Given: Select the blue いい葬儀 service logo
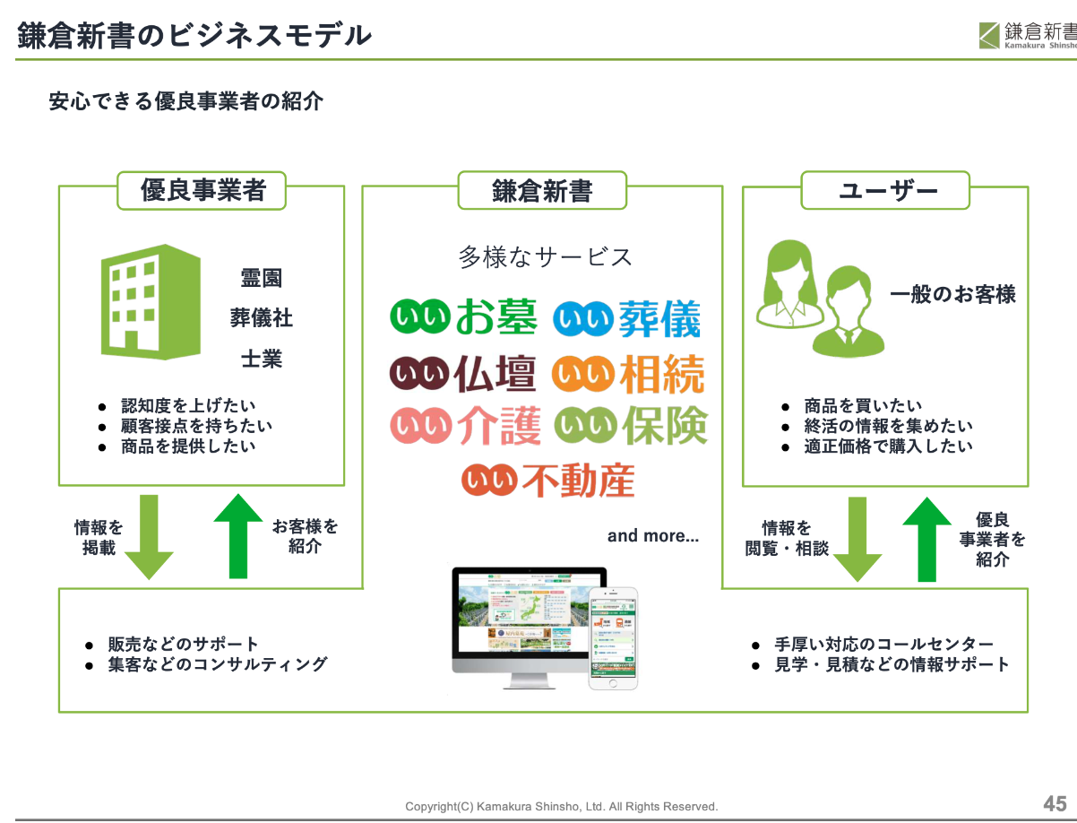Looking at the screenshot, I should tap(626, 319).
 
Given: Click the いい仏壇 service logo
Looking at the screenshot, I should tap(463, 373).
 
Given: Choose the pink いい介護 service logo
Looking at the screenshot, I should tap(465, 426).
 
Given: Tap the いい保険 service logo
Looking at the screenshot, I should tap(630, 426).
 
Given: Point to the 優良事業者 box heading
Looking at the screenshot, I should tap(202, 191).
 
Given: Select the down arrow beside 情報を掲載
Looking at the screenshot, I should tap(148, 536).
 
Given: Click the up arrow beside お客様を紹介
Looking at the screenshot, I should tap(238, 535).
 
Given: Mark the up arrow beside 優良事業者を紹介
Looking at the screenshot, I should tap(926, 539).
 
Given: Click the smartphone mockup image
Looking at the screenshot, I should tap(613, 637).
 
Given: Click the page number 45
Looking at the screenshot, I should tap(1054, 802).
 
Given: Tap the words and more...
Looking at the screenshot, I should tap(652, 536).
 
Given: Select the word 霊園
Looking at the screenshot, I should tap(261, 278).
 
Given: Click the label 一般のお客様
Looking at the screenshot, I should tap(952, 294).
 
